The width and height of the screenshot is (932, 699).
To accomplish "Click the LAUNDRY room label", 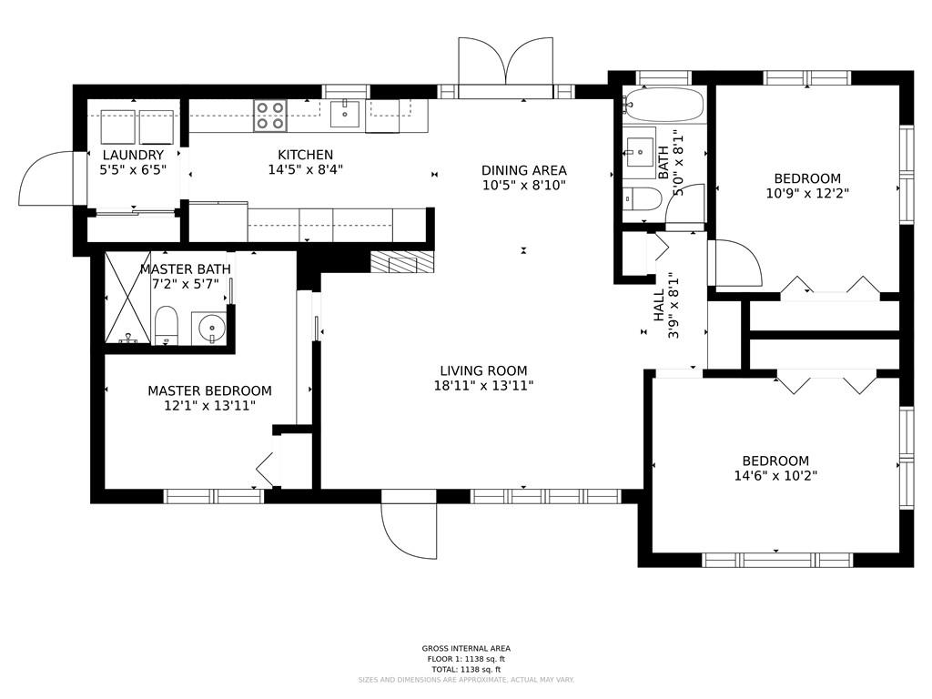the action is point(133,155).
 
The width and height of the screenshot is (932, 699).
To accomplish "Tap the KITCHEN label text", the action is point(306,155).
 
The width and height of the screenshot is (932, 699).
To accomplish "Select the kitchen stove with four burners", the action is point(269,116).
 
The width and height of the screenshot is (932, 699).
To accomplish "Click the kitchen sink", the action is point(345,114).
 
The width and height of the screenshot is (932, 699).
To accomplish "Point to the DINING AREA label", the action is point(523,170).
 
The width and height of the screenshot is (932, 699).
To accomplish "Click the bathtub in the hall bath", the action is point(664,106).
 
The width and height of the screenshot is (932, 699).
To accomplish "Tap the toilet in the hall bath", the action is point(643,199).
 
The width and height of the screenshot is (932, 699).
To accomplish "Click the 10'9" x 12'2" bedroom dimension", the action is point(807,193).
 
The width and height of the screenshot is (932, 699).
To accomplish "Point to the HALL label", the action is point(659,306).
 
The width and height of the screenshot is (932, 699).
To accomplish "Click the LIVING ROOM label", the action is point(483,371).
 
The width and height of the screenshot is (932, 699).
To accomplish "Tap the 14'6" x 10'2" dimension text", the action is point(775,475).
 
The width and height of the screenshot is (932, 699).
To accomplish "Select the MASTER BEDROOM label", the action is point(210,391).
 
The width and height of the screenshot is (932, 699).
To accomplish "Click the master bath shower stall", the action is point(127,298).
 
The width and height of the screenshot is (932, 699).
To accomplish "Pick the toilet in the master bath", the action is point(166,326).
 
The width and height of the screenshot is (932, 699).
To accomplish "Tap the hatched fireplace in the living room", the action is point(402,261).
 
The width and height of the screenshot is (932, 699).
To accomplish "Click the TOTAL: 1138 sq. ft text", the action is point(466,669).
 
